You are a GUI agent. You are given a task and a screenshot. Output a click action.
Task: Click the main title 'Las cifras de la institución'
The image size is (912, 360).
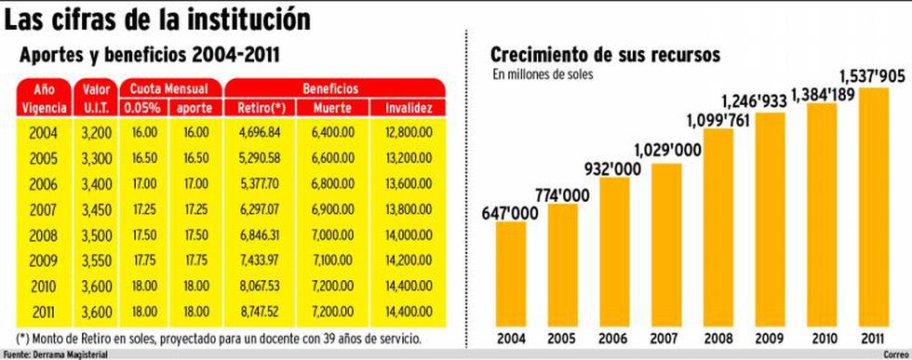point(157,19)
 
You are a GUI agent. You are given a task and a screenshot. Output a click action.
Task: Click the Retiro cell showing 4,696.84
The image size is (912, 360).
point(260,133)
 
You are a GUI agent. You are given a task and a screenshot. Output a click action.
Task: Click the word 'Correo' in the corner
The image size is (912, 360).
point(892,354)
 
